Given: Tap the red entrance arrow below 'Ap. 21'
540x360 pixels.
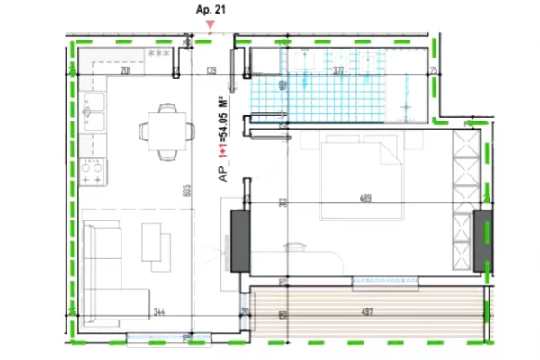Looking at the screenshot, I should pyautogui.click(x=211, y=24).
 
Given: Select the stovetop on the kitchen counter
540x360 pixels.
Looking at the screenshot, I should pyautogui.click(x=93, y=168).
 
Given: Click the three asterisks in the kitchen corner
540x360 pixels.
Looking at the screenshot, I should pyautogui.click(x=158, y=55).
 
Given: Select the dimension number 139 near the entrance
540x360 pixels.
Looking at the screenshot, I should pyautogui.click(x=212, y=69).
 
